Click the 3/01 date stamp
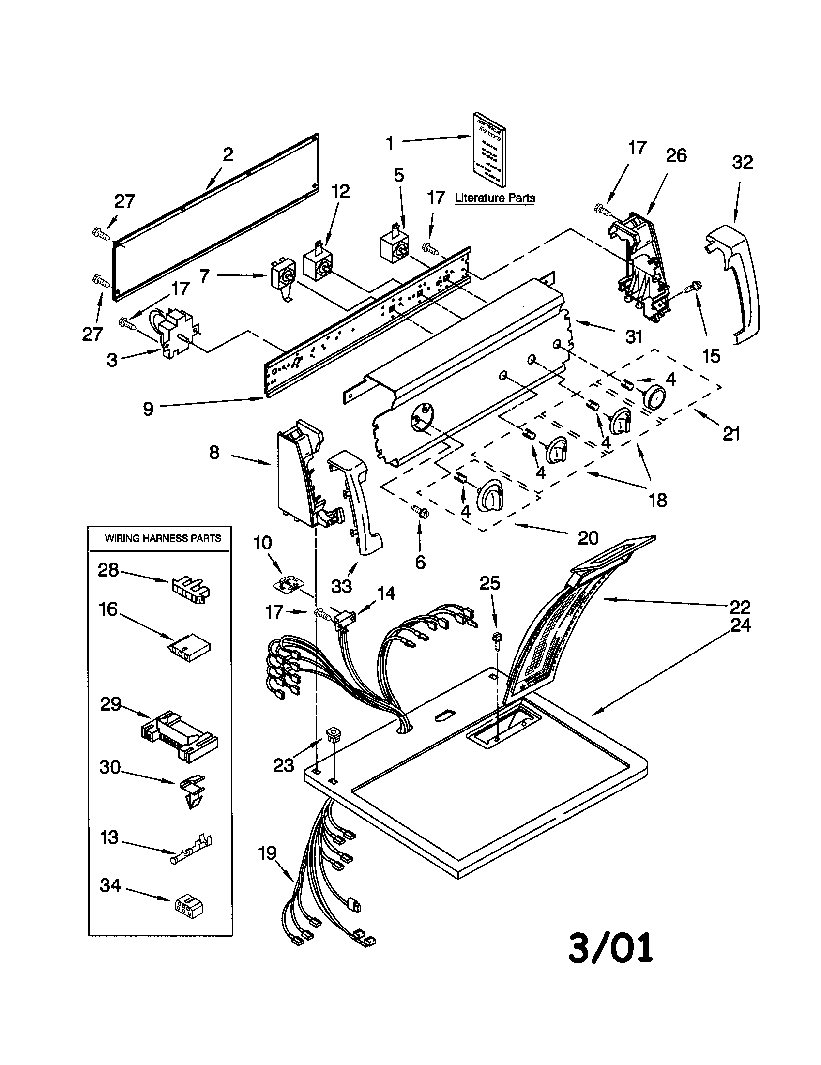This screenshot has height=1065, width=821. (610, 948)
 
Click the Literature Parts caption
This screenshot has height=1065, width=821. (494, 198)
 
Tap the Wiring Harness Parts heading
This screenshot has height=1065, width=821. (163, 538)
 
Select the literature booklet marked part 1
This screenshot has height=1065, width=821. (488, 150)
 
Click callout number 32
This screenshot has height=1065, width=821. (742, 162)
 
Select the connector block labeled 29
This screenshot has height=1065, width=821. (180, 736)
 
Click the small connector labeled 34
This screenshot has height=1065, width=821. (189, 906)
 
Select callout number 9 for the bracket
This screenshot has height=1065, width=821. (148, 409)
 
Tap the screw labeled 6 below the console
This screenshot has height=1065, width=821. (420, 512)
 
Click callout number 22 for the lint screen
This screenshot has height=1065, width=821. (739, 607)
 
